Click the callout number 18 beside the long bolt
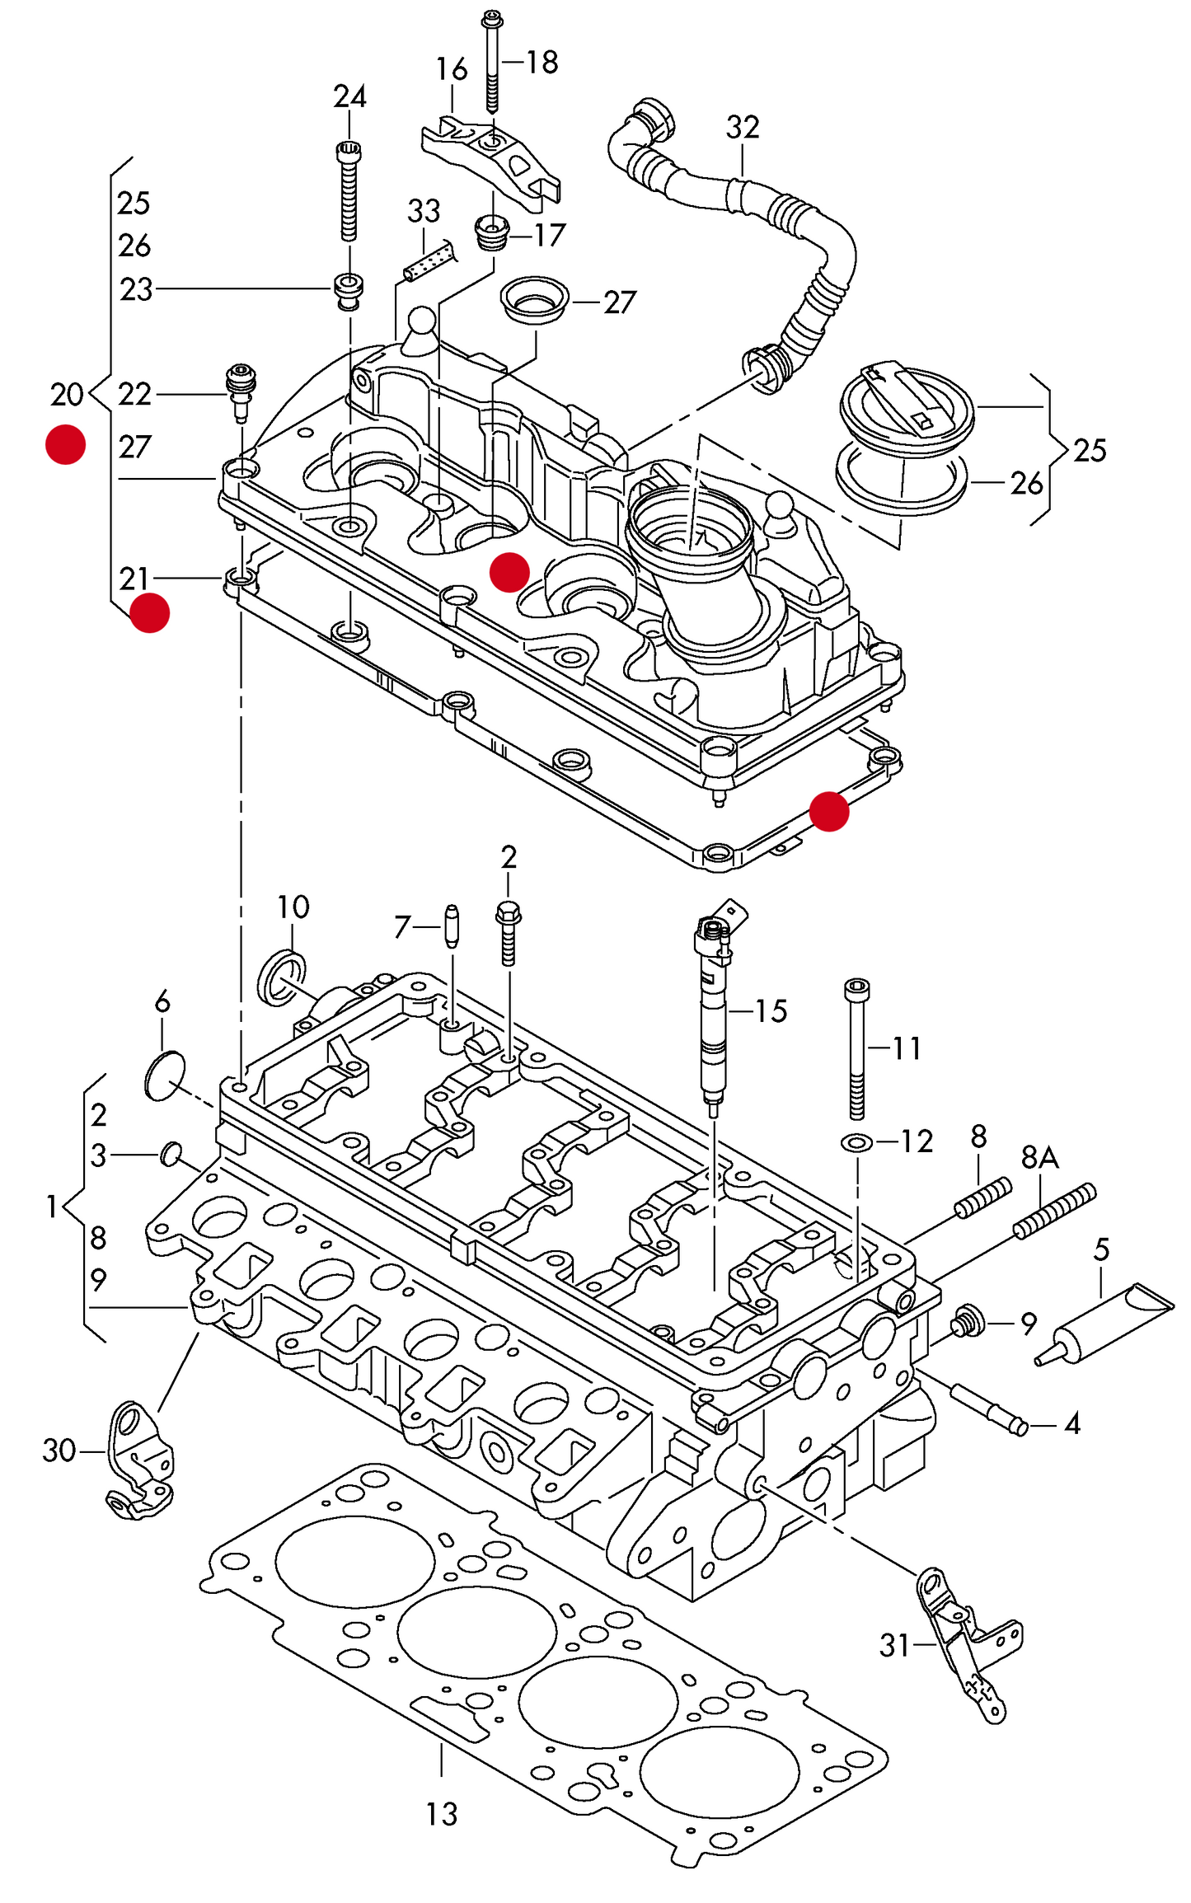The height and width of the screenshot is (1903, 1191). (x=542, y=62)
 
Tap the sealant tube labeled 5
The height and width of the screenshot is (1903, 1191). (x=1104, y=1322)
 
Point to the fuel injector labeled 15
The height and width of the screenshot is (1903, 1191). (x=714, y=1015)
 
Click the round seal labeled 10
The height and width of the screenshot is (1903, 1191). (x=283, y=977)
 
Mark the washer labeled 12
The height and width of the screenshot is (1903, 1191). (x=857, y=1143)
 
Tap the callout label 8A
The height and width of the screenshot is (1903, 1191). (x=1039, y=1158)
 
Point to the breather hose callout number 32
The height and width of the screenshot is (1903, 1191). (x=742, y=127)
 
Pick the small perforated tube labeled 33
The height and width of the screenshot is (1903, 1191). (x=429, y=260)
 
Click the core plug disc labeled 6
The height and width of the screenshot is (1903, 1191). (x=165, y=1075)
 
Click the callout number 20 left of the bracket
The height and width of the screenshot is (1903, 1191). (x=66, y=395)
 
